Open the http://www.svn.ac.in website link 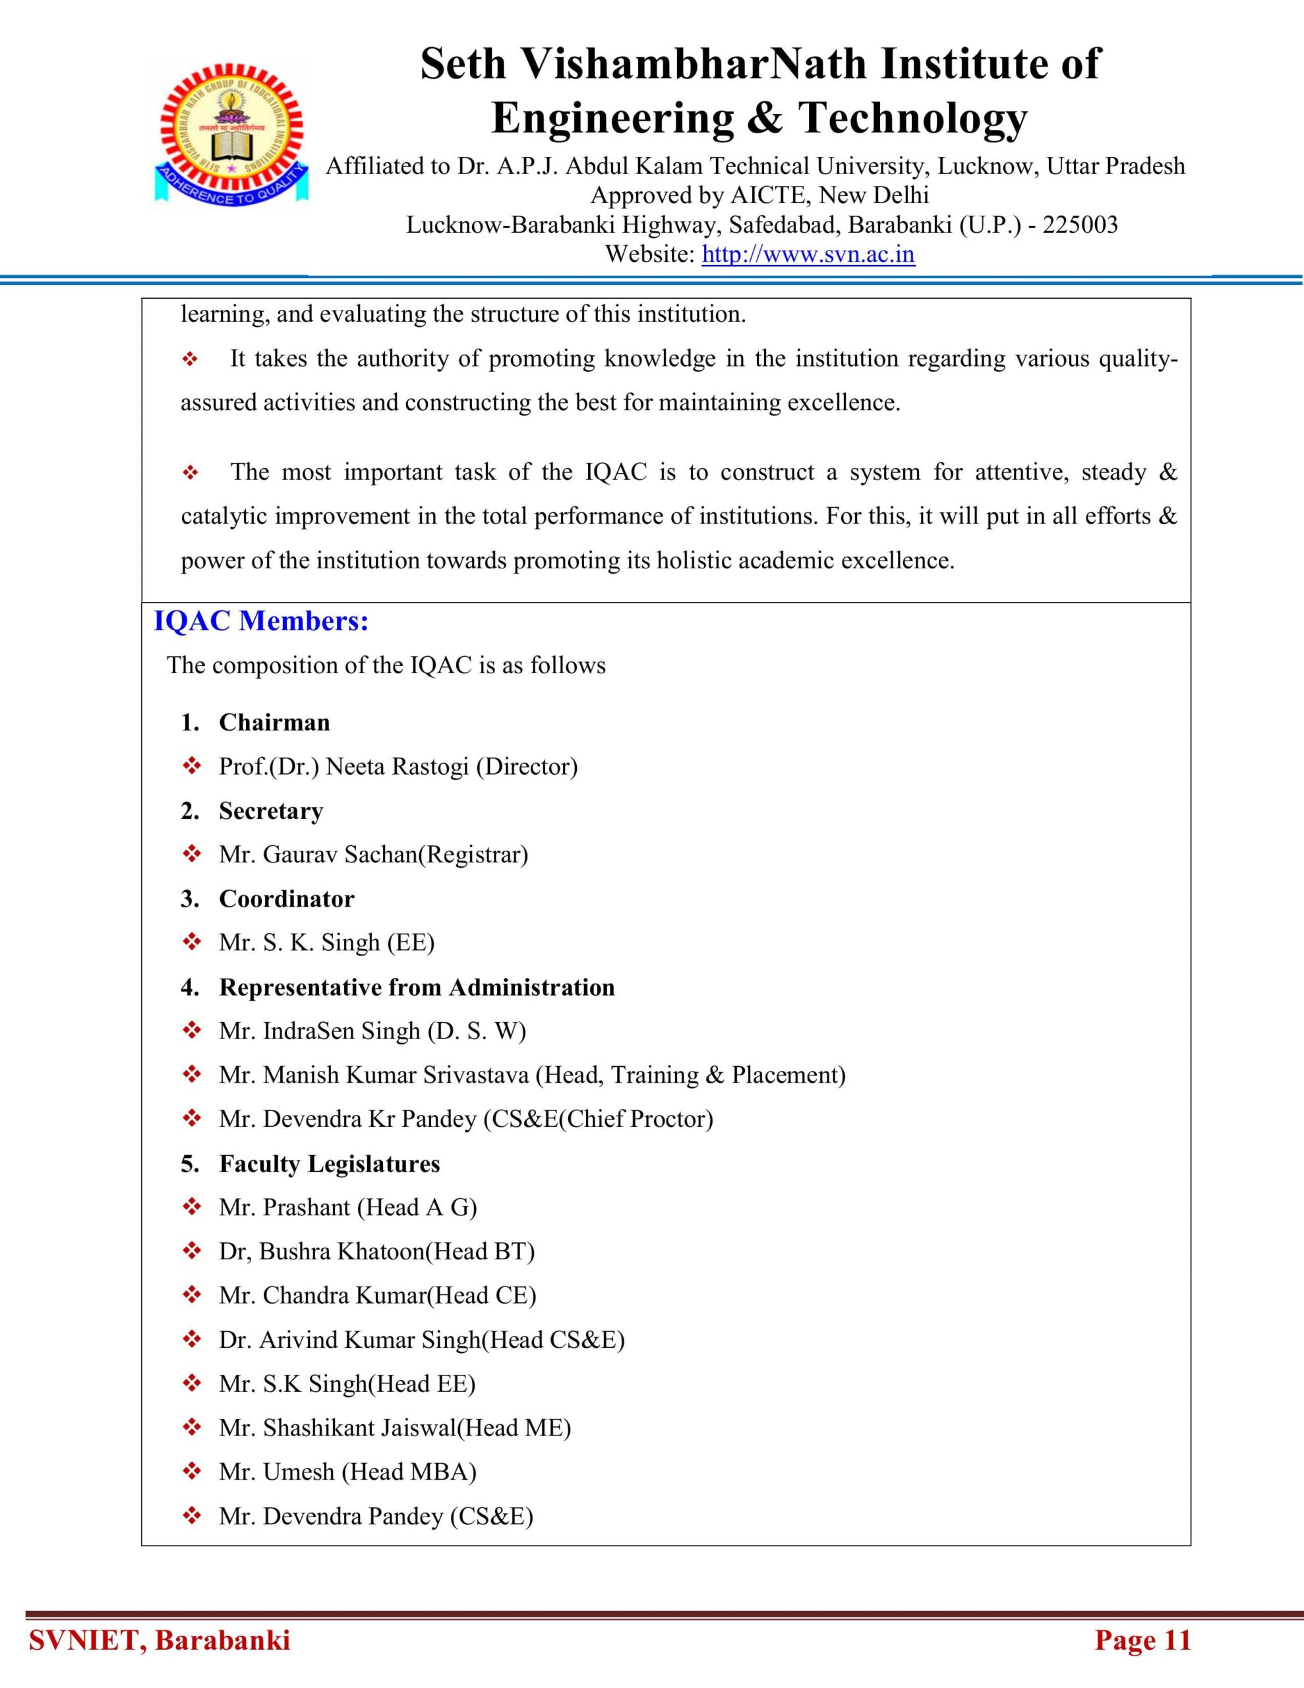pyautogui.click(x=808, y=255)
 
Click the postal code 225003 pyautogui.click(x=1080, y=225)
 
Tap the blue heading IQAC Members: pyautogui.click(x=261, y=620)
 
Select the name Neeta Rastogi pyautogui.click(x=398, y=766)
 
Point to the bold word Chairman pyautogui.click(x=274, y=722)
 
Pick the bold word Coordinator pyautogui.click(x=287, y=898)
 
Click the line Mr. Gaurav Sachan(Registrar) pyautogui.click(x=373, y=854)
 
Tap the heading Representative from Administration pyautogui.click(x=417, y=987)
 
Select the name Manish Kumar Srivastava pyautogui.click(x=396, y=1074)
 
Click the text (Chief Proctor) pyautogui.click(x=636, y=1118)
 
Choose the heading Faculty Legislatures pyautogui.click(x=329, y=1163)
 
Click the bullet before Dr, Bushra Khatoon pyautogui.click(x=191, y=1251)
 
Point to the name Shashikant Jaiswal pyautogui.click(x=359, y=1428)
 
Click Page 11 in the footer pyautogui.click(x=1142, y=1640)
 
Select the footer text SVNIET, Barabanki pyautogui.click(x=160, y=1640)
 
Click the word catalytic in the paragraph pyautogui.click(x=224, y=516)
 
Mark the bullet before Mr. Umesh pyautogui.click(x=191, y=1472)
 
